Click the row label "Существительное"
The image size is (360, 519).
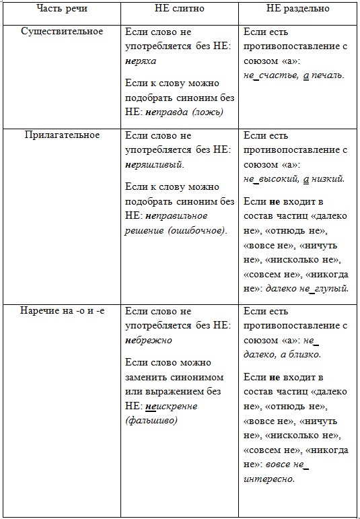pyautogui.click(x=62, y=32)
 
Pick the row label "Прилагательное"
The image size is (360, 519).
pyautogui.click(x=62, y=135)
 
